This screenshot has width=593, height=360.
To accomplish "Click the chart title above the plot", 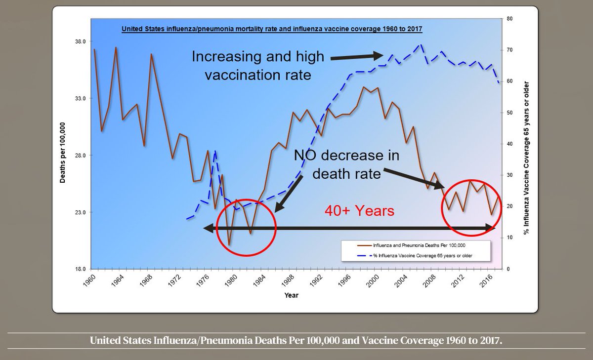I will point(272,29).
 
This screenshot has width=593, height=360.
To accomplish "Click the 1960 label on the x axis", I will point(89,280).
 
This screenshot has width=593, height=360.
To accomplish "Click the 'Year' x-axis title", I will point(291,295).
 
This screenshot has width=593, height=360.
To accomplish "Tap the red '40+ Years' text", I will point(359,211).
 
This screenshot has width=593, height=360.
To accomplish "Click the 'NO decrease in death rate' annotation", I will point(346,164).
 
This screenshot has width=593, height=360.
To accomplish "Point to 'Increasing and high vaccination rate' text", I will point(257,66).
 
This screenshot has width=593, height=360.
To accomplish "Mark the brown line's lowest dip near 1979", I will point(229,244).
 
